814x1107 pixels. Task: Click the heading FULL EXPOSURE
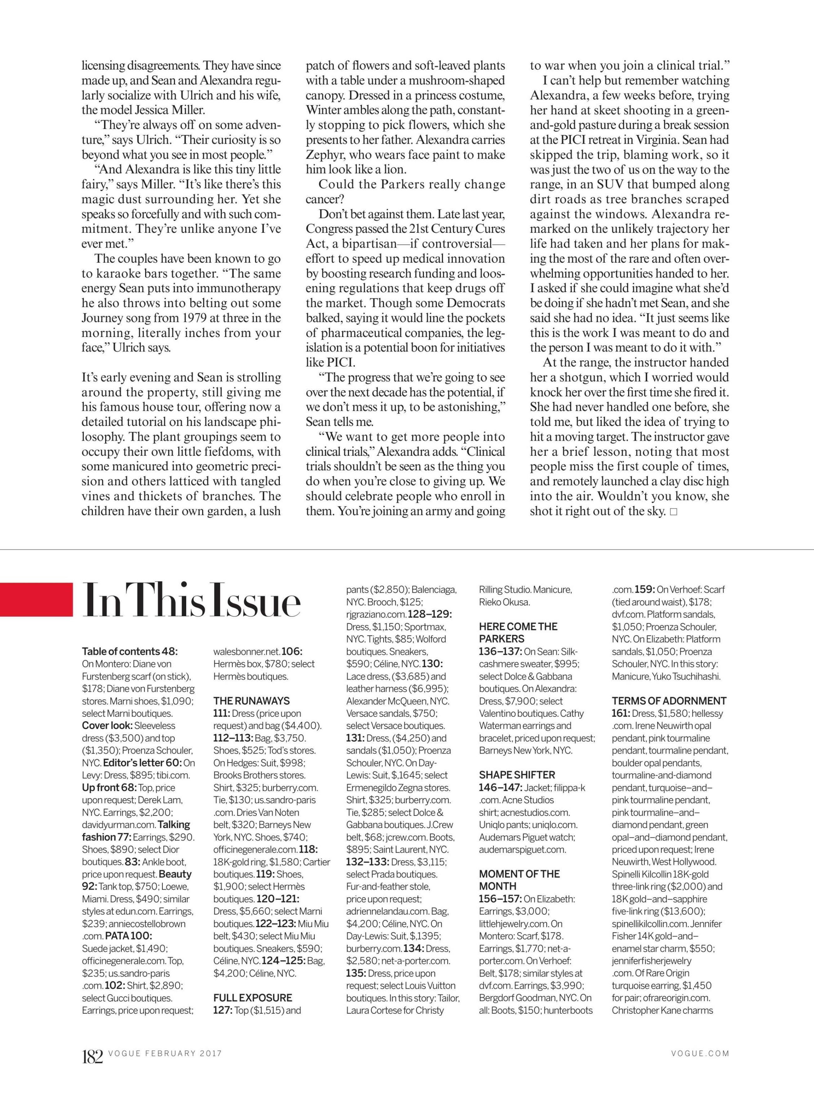(252, 984)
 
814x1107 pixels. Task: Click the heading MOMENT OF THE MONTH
(519, 880)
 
